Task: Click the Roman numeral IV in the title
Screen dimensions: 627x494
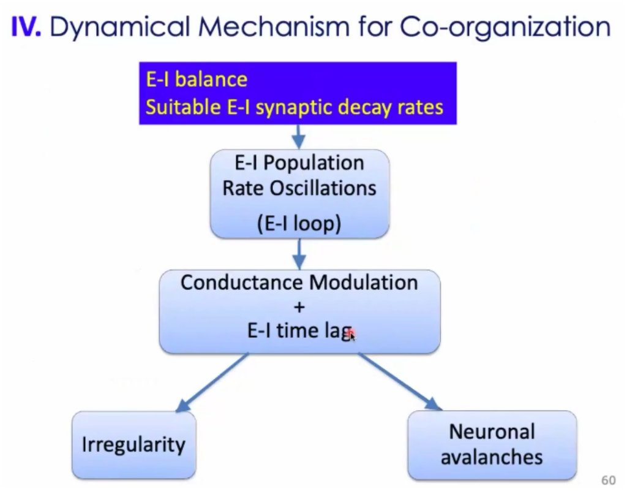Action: pos(26,26)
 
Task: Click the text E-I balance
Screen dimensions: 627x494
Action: pos(197,79)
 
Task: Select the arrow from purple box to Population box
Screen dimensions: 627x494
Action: pos(299,137)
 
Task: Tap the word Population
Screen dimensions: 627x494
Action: pos(313,163)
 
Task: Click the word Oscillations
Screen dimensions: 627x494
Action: pos(323,188)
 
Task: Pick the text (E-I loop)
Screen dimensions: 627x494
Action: pos(299,223)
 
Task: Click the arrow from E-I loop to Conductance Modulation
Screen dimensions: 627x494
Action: pos(299,254)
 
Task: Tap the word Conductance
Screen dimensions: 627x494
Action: pos(242,282)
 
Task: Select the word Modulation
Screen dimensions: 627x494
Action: pos(364,282)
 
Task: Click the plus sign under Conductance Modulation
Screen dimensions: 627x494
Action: pos(299,307)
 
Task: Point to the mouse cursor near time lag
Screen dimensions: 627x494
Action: pos(351,335)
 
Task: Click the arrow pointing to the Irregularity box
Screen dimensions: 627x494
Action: pos(212,382)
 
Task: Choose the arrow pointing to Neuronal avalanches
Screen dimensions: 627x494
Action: pos(400,381)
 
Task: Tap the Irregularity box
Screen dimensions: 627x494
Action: pos(134,445)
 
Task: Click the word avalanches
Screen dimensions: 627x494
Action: pos(492,457)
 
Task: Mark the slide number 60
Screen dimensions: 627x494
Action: pos(608,480)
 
